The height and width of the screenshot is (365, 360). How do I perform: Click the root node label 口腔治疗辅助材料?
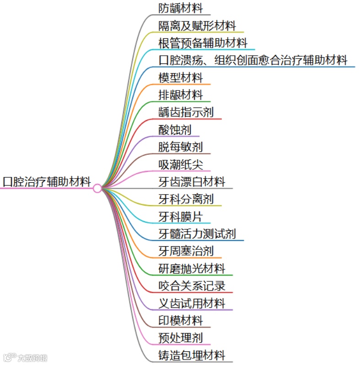tap(47, 182)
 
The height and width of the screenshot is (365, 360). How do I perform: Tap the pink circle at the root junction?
tap(97, 188)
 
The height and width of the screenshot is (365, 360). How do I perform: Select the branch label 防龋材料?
tap(180, 8)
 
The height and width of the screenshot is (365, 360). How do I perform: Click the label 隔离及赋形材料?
tap(197, 26)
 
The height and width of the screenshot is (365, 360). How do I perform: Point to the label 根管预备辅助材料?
tap(203, 43)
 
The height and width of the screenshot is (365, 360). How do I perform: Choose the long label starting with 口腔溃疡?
tap(253, 60)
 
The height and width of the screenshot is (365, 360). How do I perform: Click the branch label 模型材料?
tap(180, 78)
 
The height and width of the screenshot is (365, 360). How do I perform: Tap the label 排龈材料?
tap(180, 95)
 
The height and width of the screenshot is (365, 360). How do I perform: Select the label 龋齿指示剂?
tap(186, 112)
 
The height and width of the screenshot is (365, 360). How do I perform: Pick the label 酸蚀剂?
tap(175, 130)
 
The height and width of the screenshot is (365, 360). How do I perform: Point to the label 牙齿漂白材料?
tap(192, 182)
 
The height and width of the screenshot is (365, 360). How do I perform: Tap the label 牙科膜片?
tap(180, 217)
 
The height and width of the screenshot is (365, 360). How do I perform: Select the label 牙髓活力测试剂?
tap(197, 234)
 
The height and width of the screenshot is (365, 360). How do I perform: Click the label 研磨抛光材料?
tap(192, 269)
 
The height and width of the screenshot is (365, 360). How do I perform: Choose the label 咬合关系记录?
tap(192, 286)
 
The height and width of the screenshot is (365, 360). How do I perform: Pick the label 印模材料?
tap(180, 321)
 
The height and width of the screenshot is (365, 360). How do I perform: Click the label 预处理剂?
tap(180, 338)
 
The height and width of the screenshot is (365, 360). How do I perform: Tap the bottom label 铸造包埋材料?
tap(192, 355)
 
